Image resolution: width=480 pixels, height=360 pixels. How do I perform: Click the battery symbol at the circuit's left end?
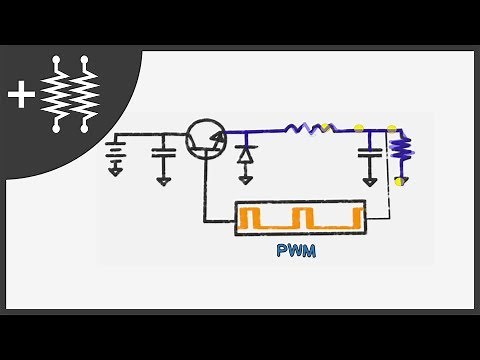click(115, 153)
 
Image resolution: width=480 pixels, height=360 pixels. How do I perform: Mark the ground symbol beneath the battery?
click(115, 170)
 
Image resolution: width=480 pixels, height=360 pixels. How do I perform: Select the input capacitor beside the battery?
click(162, 155)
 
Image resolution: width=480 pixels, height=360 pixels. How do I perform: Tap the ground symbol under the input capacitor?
click(162, 181)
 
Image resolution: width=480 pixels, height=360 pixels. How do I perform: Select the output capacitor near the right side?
click(370, 155)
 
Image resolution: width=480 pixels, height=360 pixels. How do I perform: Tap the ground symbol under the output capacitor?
click(370, 182)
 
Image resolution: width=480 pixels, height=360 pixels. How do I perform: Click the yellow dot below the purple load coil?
click(401, 181)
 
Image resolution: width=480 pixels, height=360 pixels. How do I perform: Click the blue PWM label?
click(296, 251)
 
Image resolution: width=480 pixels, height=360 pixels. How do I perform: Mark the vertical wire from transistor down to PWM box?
click(204, 190)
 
